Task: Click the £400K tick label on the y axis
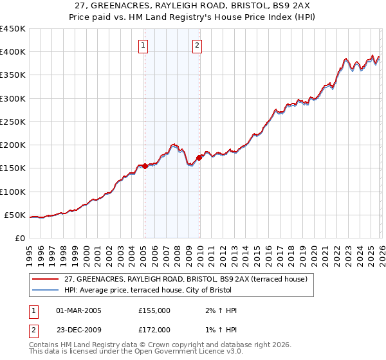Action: tap(13, 52)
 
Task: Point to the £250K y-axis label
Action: tap(13, 122)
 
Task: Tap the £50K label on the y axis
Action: tap(15, 215)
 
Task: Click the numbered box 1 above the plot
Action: tap(143, 45)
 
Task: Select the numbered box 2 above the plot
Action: tap(197, 45)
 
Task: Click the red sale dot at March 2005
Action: tap(145, 166)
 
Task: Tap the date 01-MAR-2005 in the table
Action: tap(78, 310)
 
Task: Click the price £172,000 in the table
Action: tap(154, 329)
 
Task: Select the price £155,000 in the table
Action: tap(154, 310)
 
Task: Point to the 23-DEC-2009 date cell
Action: tap(78, 329)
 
